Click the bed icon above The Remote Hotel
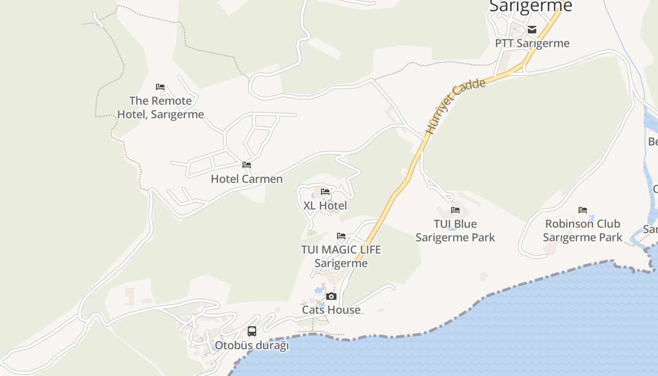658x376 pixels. [160, 87]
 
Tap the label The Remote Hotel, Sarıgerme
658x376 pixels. [160, 108]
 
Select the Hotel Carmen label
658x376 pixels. [247, 179]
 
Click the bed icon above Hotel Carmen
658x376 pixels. [247, 165]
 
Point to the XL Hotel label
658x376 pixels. [325, 205]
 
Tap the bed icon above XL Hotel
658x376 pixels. [325, 191]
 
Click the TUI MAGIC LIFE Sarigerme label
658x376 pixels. [341, 256]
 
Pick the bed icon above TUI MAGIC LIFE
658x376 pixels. [341, 235]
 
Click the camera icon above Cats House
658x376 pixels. [331, 296]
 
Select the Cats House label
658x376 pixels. [331, 310]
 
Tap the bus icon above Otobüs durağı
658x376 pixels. [252, 331]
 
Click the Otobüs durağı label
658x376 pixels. [252, 345]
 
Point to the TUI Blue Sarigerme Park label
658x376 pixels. [455, 230]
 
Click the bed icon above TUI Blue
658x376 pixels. [455, 210]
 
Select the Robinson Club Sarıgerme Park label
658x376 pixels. [583, 230]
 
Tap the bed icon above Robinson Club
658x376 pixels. [583, 210]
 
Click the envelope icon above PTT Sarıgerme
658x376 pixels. [532, 30]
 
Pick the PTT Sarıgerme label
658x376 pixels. [532, 43]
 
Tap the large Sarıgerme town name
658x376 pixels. [531, 6]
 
